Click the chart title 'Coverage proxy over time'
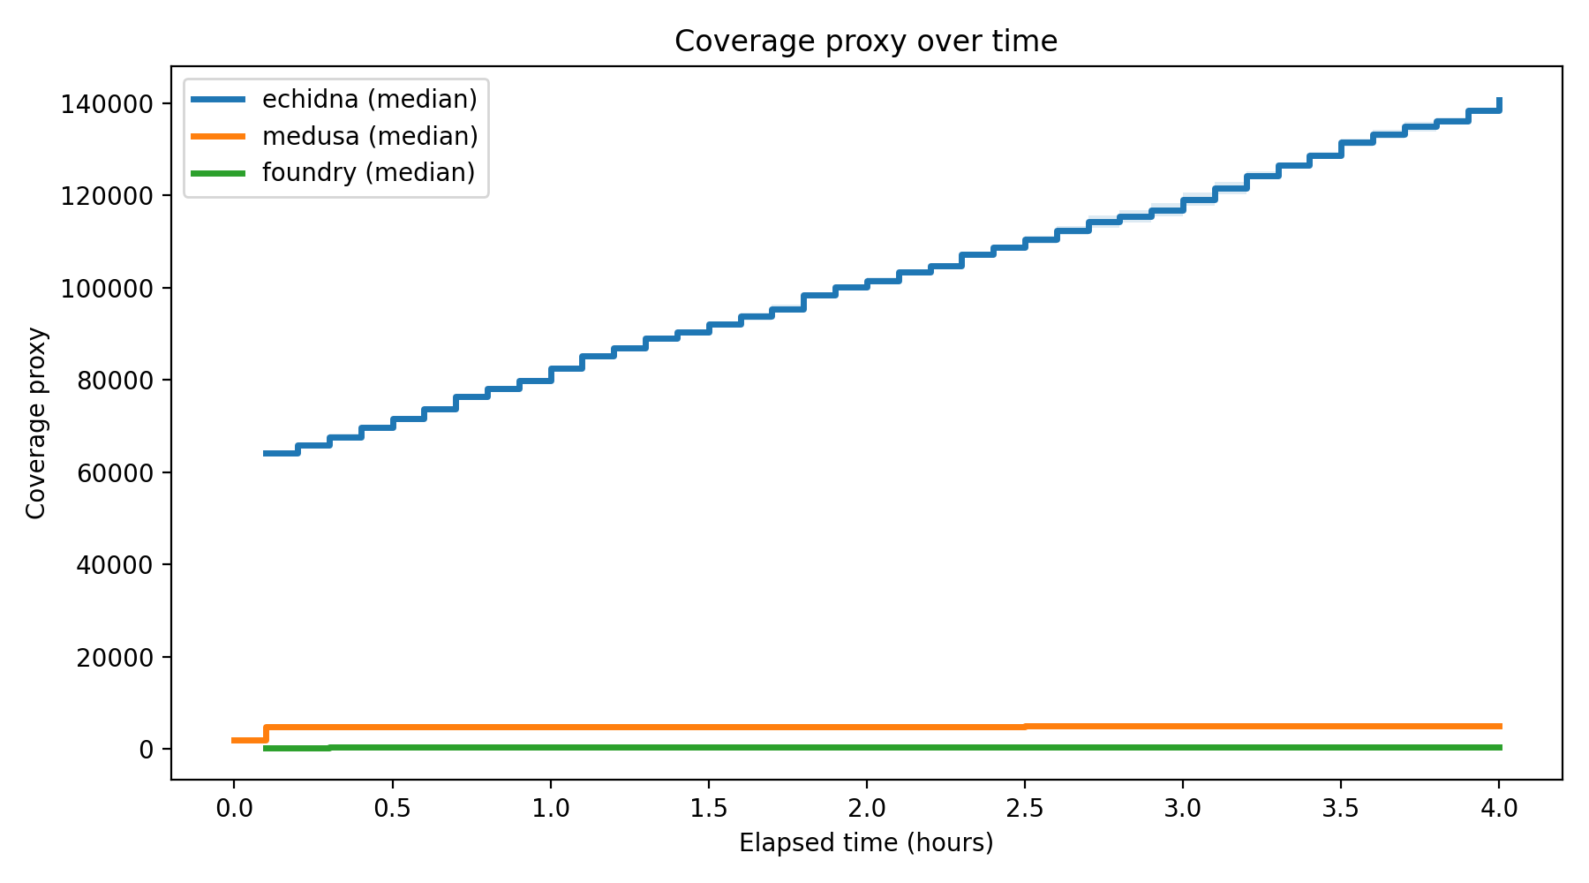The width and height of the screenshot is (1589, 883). [x=865, y=42]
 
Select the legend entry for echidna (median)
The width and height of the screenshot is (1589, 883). [x=369, y=99]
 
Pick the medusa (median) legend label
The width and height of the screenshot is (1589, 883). [x=369, y=136]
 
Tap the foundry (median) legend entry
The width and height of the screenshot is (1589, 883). [x=368, y=172]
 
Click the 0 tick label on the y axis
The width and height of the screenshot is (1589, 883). [x=146, y=750]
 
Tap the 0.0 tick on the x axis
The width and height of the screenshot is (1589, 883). [x=234, y=808]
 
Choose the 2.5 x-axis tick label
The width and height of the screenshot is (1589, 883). [x=1025, y=808]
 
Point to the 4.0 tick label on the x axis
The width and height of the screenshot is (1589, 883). [x=1499, y=808]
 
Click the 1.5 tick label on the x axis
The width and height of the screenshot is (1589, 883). [x=708, y=808]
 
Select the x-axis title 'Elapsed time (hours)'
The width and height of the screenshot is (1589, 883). [x=865, y=843]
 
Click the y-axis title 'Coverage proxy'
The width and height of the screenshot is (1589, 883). [x=36, y=423]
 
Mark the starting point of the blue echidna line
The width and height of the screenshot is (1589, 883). [x=266, y=453]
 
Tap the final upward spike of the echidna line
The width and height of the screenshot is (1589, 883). [x=1499, y=104]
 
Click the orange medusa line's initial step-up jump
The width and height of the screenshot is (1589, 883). [x=266, y=734]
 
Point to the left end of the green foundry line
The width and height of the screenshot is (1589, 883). [x=266, y=748]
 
